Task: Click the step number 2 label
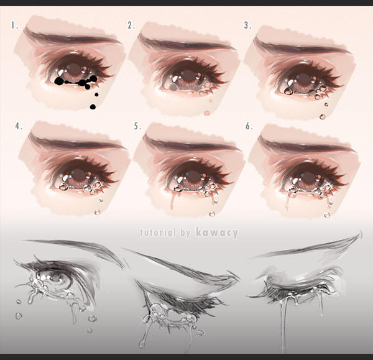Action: coord(131,25)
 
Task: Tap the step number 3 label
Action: coord(247,25)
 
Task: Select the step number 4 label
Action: coord(19,126)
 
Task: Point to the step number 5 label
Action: coord(137,126)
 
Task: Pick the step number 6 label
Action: coord(249,126)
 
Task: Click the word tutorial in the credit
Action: coord(155,233)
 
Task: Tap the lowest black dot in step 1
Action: coord(93,107)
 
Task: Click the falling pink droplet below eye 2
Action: coord(206,113)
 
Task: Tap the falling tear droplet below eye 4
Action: coord(96,213)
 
